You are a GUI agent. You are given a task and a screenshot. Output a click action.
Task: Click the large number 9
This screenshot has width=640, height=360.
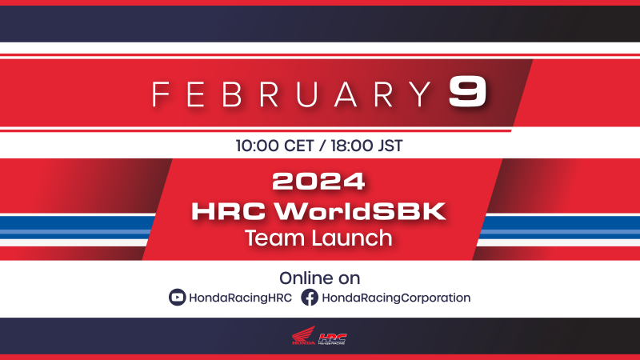467,92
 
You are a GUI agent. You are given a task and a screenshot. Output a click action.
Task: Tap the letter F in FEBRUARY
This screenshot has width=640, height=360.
161,94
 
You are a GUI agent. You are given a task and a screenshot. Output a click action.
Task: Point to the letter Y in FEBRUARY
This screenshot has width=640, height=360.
420,94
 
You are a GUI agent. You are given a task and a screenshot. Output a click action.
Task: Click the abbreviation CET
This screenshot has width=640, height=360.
298,146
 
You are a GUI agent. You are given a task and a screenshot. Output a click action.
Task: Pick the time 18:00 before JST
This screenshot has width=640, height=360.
352,146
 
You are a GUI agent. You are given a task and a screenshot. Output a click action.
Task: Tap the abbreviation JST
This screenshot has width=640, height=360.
390,146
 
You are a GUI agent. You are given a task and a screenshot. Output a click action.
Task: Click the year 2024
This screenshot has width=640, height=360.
318,182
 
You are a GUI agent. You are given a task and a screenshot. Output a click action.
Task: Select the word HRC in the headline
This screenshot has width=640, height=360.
229,211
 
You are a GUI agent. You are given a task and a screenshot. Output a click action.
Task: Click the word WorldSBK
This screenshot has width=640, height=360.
360,211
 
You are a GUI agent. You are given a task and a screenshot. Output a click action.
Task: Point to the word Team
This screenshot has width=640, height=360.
275,238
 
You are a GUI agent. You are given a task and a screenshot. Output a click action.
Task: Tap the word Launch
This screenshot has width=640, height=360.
352,238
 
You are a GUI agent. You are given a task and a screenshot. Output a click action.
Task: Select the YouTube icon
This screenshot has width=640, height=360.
177,298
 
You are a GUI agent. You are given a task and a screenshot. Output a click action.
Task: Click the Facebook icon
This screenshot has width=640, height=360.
310,298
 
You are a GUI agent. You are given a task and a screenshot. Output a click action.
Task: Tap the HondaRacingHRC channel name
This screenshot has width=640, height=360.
241,298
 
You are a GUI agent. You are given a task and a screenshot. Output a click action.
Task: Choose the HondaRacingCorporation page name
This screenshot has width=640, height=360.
396,298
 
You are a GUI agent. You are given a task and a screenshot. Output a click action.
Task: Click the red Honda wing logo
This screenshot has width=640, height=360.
304,335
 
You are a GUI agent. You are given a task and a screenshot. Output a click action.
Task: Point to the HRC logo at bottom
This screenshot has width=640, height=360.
332,338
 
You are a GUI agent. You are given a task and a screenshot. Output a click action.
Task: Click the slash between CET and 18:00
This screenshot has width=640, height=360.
322,146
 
